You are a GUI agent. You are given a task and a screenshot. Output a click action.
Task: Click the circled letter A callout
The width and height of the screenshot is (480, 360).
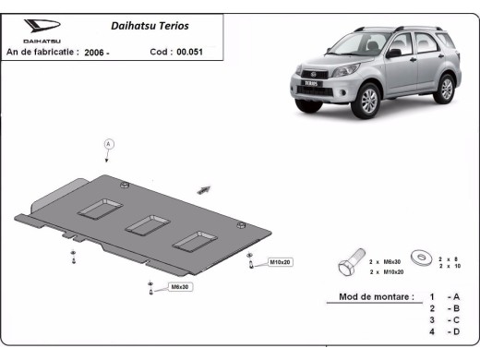(109, 144)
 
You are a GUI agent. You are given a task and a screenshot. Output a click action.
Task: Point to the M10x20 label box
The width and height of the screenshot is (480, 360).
(280, 263)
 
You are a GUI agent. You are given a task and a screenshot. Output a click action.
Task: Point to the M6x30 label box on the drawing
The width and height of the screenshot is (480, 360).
(181, 287)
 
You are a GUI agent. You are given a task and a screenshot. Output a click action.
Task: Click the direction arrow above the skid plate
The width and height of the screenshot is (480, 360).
(203, 187)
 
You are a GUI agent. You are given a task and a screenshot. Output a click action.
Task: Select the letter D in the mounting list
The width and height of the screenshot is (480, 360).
(453, 330)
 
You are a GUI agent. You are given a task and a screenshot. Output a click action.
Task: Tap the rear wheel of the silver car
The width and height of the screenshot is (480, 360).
(447, 89)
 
